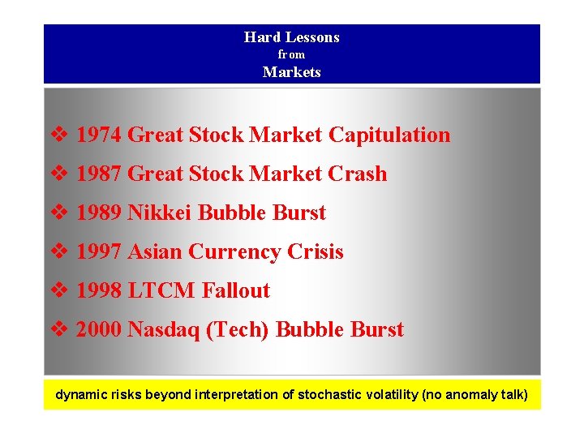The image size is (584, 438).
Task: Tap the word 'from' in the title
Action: click(292, 54)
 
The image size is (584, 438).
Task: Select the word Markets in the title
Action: click(292, 72)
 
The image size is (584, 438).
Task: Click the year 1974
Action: click(99, 135)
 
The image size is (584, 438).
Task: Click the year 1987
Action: click(99, 174)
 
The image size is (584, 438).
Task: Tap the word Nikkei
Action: click(161, 213)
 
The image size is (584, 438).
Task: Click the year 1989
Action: click(99, 213)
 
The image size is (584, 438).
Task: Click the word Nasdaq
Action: click(166, 329)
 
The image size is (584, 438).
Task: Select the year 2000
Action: click(99, 329)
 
